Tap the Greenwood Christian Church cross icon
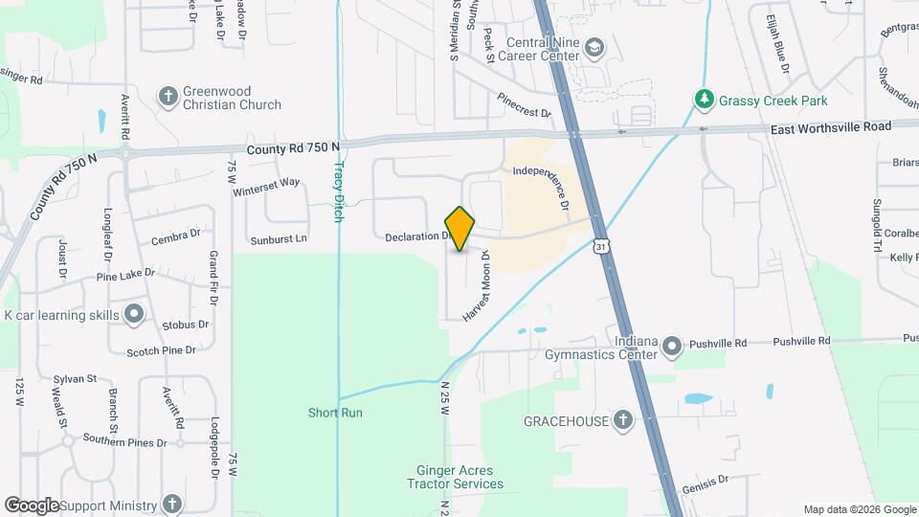[x=168, y=96]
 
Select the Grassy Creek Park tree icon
[x=704, y=99]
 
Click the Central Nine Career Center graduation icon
[x=594, y=48]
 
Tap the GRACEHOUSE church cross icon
[x=622, y=420]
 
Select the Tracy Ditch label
[x=338, y=191]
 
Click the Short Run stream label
[x=335, y=414]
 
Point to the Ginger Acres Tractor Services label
[x=459, y=477]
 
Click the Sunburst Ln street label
[x=279, y=238]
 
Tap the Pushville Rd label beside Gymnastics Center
[x=800, y=341]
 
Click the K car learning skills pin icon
[x=135, y=314]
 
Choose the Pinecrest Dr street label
[x=525, y=105]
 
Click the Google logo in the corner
[x=32, y=506]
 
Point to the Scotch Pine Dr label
[x=168, y=351]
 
